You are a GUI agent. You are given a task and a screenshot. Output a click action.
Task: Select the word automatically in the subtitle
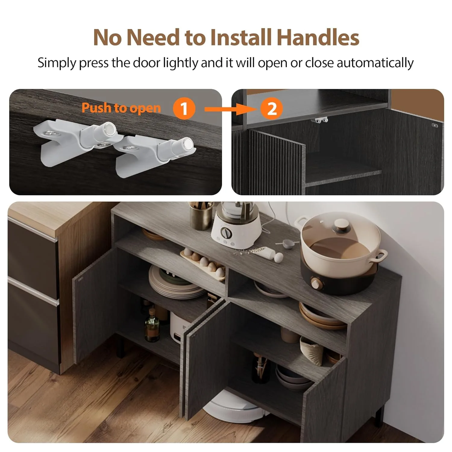tap(375, 63)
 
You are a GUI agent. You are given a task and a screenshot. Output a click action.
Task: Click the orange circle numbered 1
tap(184, 108)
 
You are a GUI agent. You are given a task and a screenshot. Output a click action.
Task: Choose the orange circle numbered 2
tap(272, 108)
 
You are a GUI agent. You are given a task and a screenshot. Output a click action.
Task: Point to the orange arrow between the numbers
tap(231, 109)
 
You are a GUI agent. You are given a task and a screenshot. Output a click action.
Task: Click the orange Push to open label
tap(121, 108)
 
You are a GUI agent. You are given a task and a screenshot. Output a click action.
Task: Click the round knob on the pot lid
tap(341, 225)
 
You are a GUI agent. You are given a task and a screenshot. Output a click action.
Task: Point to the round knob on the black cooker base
tap(316, 283)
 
